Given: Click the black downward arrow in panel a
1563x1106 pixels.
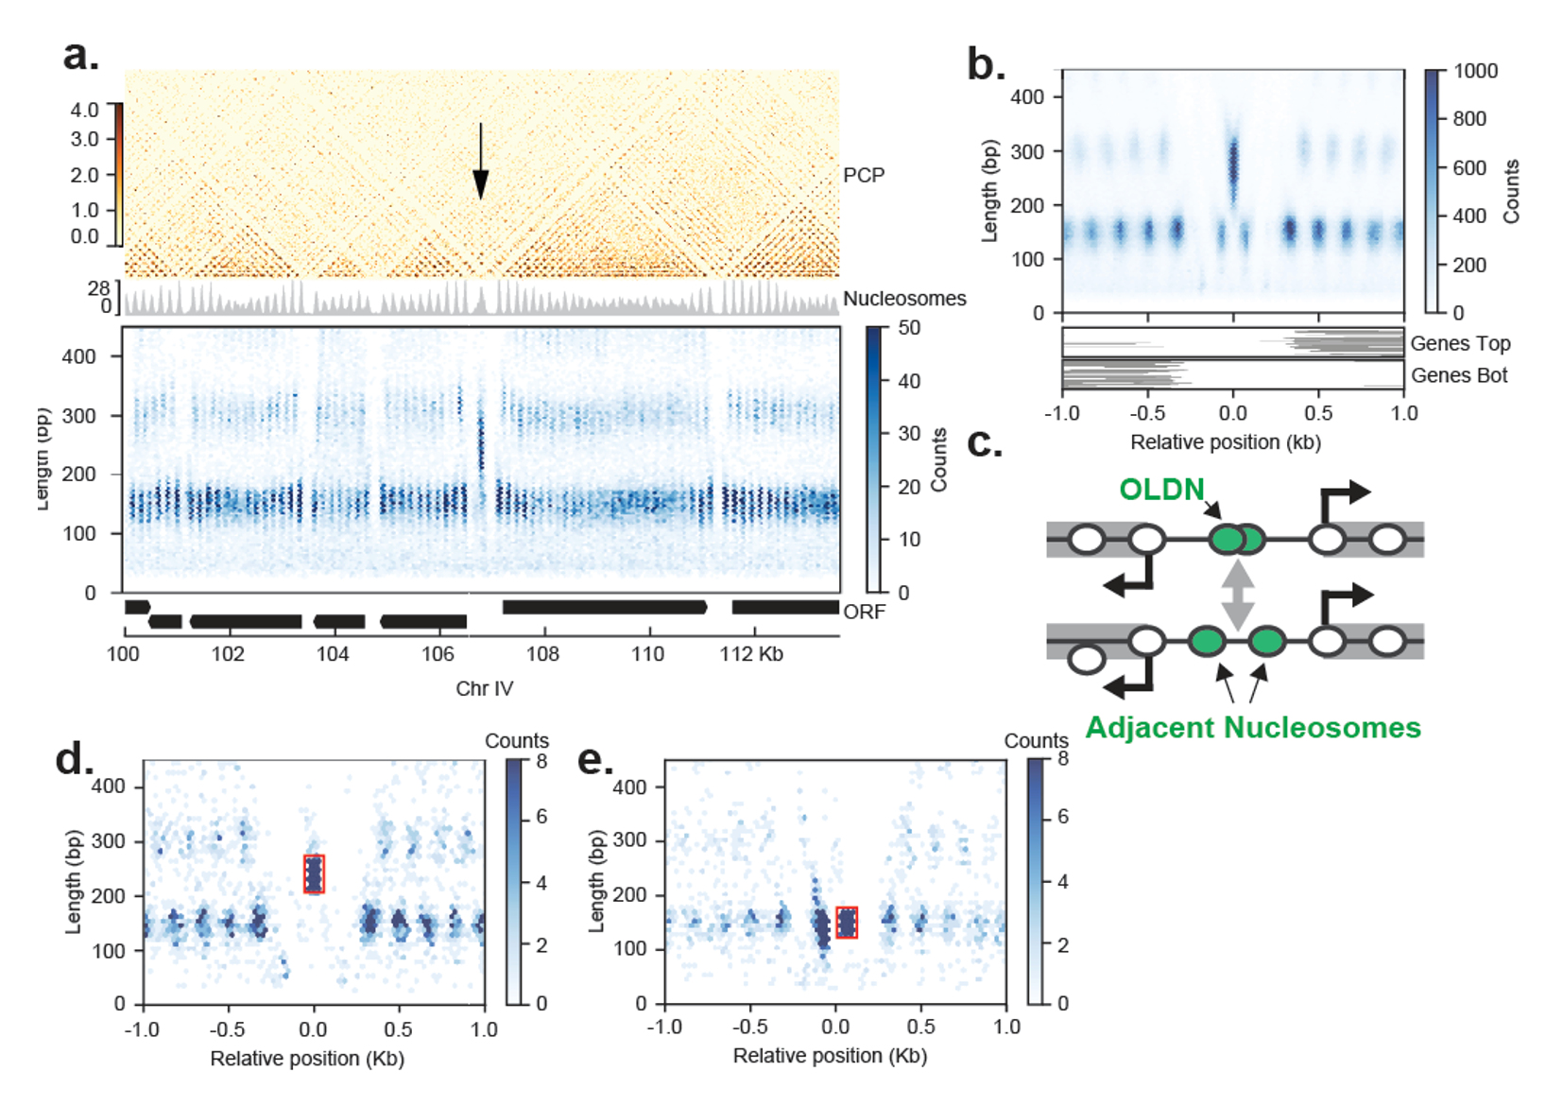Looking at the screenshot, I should coord(480,161).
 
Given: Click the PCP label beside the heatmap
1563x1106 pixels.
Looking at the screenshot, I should coord(864,175).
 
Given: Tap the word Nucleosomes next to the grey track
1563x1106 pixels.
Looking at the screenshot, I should coord(904,299).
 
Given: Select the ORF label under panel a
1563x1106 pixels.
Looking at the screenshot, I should coord(865,612).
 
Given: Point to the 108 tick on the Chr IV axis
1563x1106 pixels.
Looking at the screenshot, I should coord(542,654).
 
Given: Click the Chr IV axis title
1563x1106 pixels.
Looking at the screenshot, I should coord(484,688).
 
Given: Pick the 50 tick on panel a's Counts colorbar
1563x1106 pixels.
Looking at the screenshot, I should coord(909,328).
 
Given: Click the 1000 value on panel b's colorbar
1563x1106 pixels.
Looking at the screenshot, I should coord(1475,71).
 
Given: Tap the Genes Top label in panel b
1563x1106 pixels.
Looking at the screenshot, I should coord(1460,343).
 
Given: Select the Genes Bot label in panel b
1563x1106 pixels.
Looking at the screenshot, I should coord(1459,375).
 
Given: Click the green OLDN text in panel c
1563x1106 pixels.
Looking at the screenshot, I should coord(1161,489).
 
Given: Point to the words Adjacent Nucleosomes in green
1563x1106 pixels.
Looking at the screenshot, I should coord(1253,727).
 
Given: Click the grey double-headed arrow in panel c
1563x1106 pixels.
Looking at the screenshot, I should coord(1237,595).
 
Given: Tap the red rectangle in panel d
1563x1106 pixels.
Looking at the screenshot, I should coord(314,873).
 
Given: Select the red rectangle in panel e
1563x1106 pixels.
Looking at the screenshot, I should coord(847,922).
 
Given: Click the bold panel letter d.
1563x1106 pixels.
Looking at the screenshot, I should coord(74,759).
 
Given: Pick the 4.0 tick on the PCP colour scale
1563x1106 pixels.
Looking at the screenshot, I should coord(84,110).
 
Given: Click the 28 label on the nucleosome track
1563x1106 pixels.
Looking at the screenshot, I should coord(99,287).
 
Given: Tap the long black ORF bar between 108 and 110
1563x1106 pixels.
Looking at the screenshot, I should coord(605,607).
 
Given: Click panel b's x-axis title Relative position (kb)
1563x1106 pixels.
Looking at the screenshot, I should coord(1226,442).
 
